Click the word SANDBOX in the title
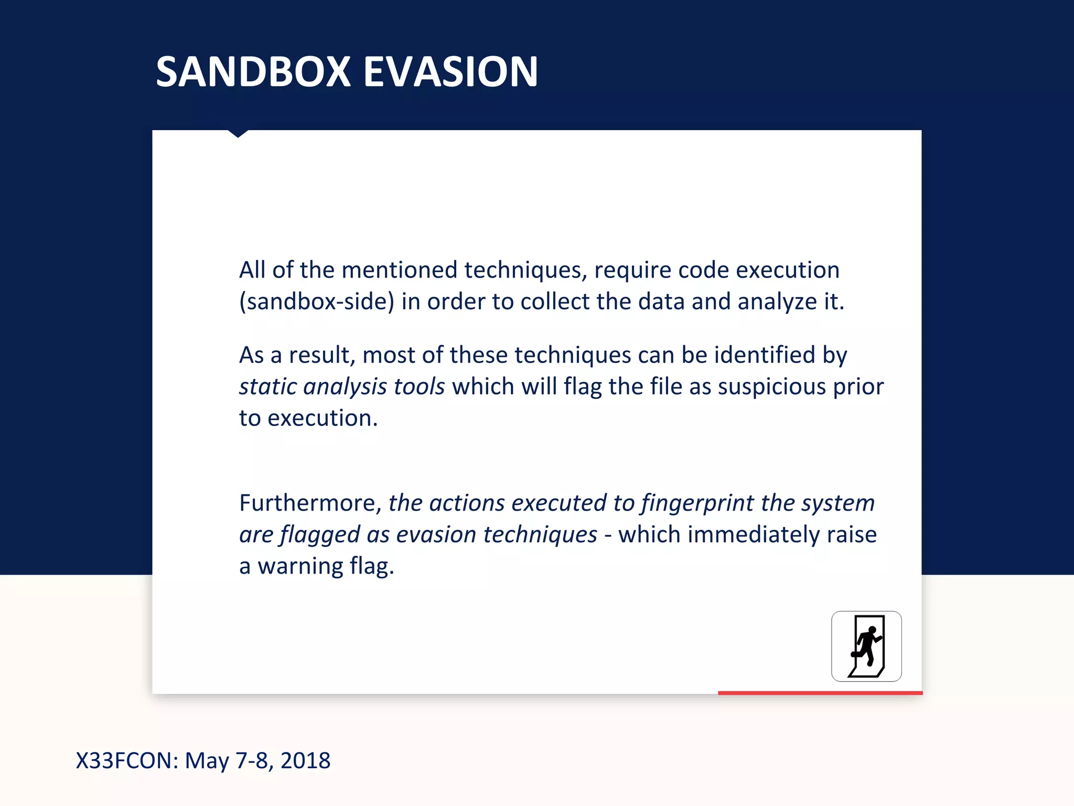tap(253, 72)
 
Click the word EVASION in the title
tap(450, 72)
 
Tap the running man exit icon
tap(866, 646)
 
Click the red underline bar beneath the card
tap(820, 693)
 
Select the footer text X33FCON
tap(127, 760)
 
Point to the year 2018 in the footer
tap(305, 760)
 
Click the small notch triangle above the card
tap(238, 133)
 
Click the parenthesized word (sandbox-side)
tap(317, 302)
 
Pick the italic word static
tap(268, 387)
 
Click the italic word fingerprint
tap(697, 503)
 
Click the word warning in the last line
tap(300, 566)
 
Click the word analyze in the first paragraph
tap(777, 302)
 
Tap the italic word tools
tap(419, 387)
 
